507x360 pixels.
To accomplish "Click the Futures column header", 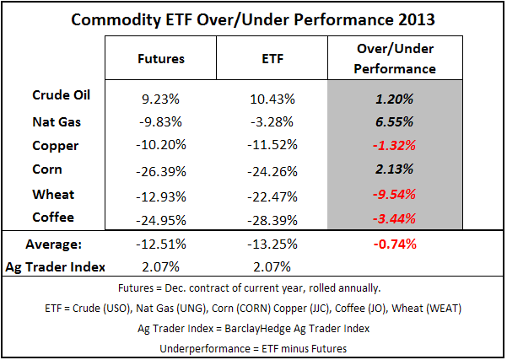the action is (161, 59).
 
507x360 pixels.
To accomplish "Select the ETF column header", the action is (272, 59).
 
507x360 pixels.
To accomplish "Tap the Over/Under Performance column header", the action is (395, 58).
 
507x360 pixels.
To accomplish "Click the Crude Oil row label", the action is (61, 95).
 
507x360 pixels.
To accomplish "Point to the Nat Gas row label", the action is (57, 122).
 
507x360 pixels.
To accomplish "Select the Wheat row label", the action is (53, 195).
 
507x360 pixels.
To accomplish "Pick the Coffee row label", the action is (53, 218).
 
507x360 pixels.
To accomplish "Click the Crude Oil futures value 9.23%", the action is (160, 99).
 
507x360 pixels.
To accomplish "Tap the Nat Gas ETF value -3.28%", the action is (272, 122).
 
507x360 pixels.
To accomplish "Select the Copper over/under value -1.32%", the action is (394, 145).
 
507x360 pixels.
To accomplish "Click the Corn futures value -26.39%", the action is (161, 171).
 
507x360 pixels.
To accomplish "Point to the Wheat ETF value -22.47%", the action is (272, 196).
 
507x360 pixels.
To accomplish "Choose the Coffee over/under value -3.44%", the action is (394, 218).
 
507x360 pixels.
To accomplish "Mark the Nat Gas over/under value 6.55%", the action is (394, 122).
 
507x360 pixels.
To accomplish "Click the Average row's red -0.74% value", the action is (395, 244).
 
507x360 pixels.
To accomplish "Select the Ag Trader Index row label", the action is (56, 267).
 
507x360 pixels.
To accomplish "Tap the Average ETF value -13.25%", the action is (272, 244).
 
